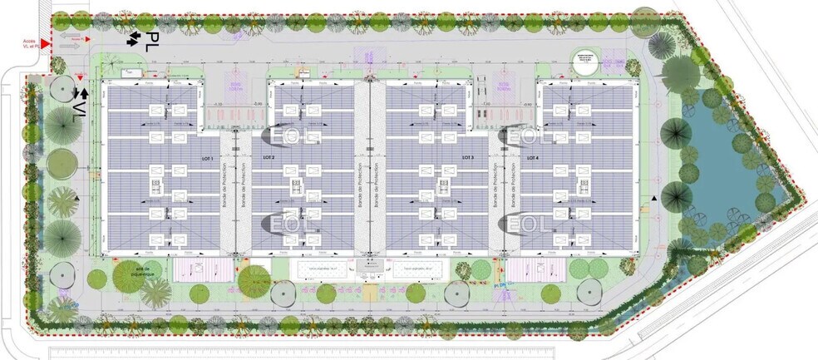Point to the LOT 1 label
click(x=205, y=158)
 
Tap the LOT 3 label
click(x=467, y=158)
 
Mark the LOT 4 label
click(x=531, y=158)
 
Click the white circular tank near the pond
click(x=585, y=65)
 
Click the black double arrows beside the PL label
click(x=132, y=38)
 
